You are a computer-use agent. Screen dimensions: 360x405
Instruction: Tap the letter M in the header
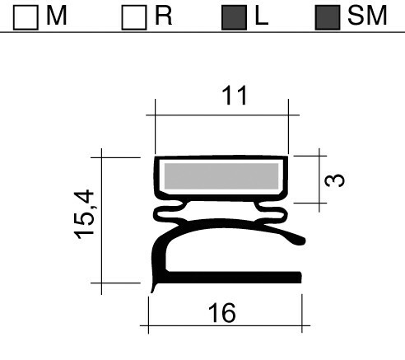click(56, 16)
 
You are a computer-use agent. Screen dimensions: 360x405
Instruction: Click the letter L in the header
click(261, 16)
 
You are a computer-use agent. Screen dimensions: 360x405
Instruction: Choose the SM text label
click(366, 16)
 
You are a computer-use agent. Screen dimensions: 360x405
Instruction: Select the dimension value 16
click(222, 313)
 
